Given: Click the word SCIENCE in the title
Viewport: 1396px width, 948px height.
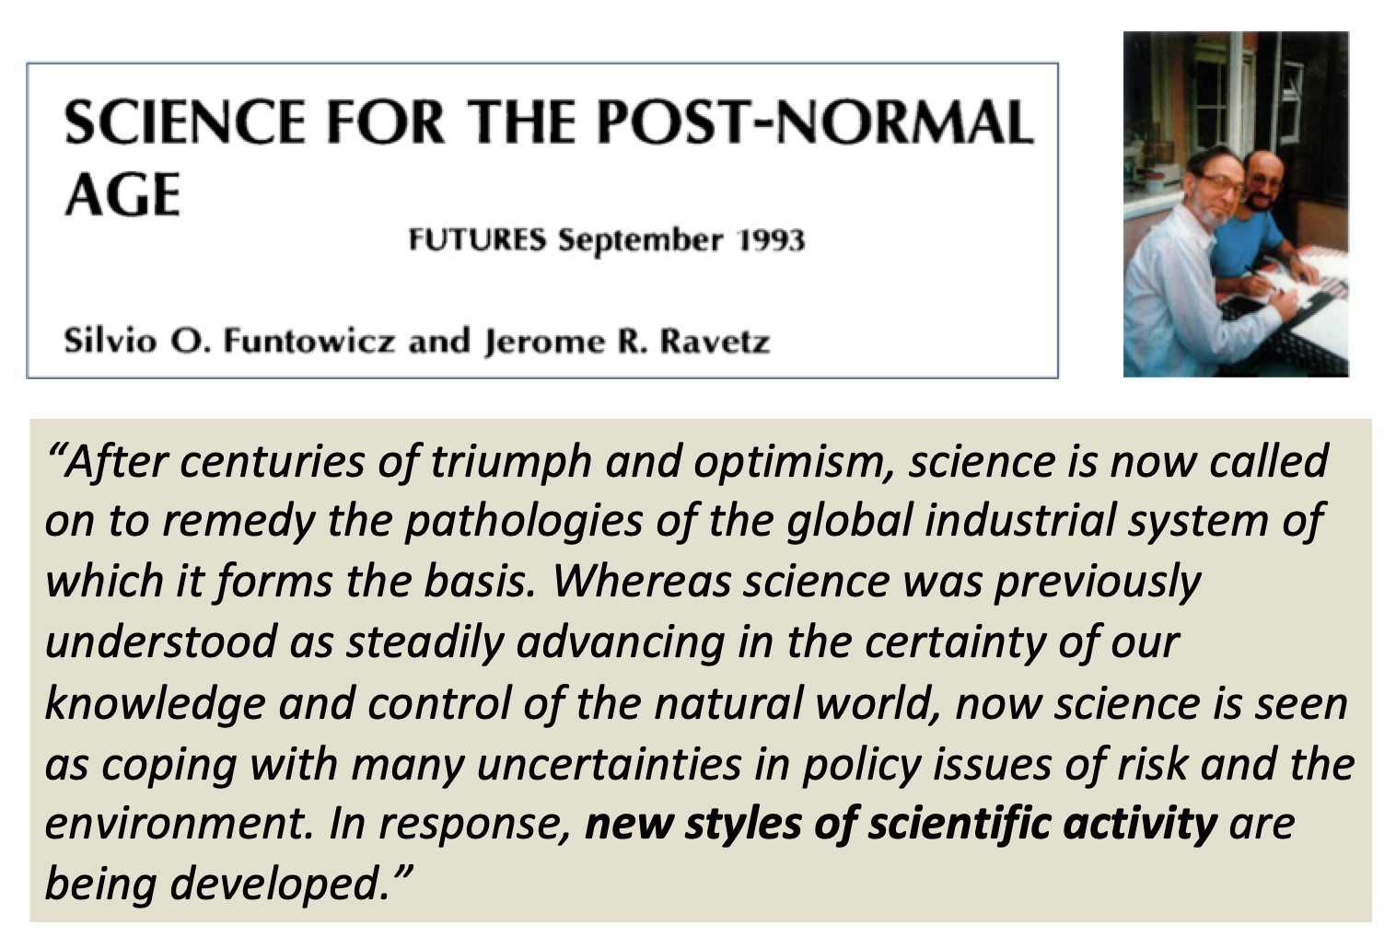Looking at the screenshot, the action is (x=185, y=122).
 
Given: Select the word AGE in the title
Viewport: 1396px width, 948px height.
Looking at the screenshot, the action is (x=122, y=195).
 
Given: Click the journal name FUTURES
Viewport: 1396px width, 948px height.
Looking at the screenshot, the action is (x=477, y=240).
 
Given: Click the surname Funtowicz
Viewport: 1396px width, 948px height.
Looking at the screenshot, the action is (x=308, y=341).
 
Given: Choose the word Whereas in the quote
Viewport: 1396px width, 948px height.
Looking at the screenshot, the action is (x=641, y=581).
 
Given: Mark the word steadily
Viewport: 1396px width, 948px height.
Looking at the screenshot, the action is (x=425, y=642).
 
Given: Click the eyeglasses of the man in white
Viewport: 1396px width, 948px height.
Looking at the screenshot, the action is (x=1218, y=184).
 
